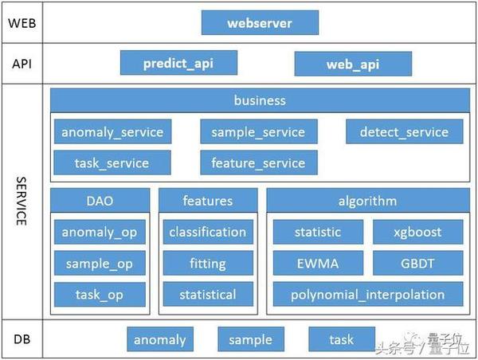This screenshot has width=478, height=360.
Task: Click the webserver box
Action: pyautogui.click(x=260, y=22)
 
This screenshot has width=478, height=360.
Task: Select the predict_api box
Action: pyautogui.click(x=178, y=63)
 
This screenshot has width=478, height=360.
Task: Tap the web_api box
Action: pyautogui.click(x=353, y=64)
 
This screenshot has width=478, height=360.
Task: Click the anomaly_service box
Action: pyautogui.click(x=113, y=131)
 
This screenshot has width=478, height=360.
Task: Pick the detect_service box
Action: pyautogui.click(x=405, y=131)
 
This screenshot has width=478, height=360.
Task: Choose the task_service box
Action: pyautogui.click(x=112, y=162)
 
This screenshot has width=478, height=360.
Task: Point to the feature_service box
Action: pyautogui.click(x=259, y=162)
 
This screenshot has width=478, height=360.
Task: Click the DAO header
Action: pyautogui.click(x=100, y=200)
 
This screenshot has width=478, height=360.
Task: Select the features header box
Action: pyautogui.click(x=208, y=200)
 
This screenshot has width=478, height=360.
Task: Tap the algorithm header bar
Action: pyautogui.click(x=368, y=200)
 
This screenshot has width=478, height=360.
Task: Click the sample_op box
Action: pyautogui.click(x=100, y=263)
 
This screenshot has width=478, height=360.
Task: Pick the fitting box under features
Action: pyautogui.click(x=208, y=263)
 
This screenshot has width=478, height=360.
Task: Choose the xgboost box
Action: pyautogui.click(x=418, y=232)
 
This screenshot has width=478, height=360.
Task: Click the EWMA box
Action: pyautogui.click(x=318, y=263)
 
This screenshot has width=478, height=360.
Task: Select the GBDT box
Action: pyautogui.click(x=418, y=263)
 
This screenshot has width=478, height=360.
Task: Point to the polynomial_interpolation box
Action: pyautogui.click(x=368, y=294)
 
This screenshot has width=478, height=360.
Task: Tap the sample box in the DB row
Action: pyautogui.click(x=251, y=339)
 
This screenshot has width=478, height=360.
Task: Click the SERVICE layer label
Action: pyautogui.click(x=22, y=202)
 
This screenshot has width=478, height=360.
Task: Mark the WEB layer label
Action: pyautogui.click(x=22, y=23)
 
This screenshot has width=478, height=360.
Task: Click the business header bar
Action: pyautogui.click(x=260, y=100)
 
